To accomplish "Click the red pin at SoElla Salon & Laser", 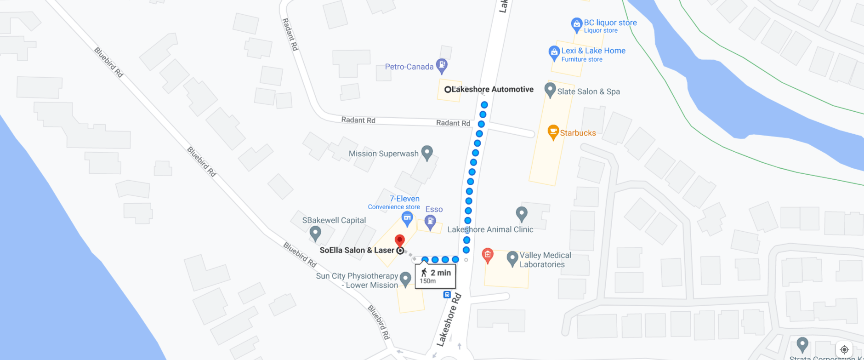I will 400,240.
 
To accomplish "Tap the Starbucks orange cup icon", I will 553,131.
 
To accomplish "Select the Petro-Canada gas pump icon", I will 442,65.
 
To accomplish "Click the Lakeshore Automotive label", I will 492,89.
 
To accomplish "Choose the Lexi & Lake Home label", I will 593,51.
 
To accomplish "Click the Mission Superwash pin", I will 427,152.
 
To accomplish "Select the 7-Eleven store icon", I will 407,218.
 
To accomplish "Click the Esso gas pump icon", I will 430,222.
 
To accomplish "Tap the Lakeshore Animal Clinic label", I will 490,229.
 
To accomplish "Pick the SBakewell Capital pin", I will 315,233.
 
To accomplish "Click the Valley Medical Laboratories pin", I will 512,258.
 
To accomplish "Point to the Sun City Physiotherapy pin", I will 405,278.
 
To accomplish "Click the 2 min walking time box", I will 435,276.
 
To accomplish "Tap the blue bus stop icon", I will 447,295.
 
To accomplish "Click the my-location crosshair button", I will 844,349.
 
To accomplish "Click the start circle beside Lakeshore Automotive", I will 447,90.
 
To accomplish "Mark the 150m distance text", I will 427,281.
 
